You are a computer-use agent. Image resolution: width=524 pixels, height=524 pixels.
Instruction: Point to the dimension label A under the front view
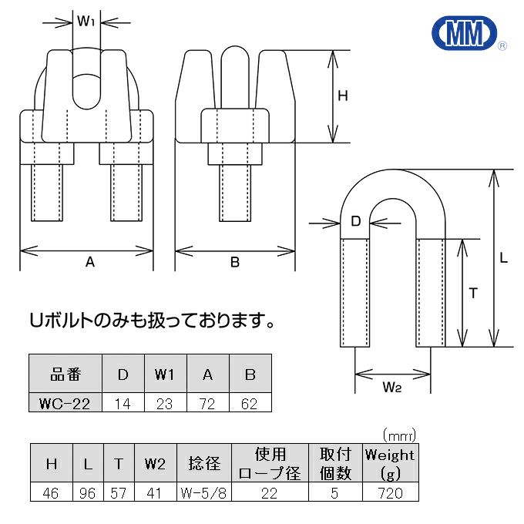pyautogui.click(x=89, y=263)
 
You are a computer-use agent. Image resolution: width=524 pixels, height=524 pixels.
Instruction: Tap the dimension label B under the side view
pyautogui.click(x=235, y=263)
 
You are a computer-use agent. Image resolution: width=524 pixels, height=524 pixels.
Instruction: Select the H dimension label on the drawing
pyautogui.click(x=344, y=96)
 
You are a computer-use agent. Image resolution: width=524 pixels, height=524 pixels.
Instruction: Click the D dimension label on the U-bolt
pyautogui.click(x=356, y=222)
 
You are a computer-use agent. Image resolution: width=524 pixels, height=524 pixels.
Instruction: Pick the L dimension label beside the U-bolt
pyautogui.click(x=503, y=259)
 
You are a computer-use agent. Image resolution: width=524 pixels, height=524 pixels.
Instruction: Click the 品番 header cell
pyautogui.click(x=65, y=375)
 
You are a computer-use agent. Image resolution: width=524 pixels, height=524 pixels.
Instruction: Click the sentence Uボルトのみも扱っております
pyautogui.click(x=151, y=318)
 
